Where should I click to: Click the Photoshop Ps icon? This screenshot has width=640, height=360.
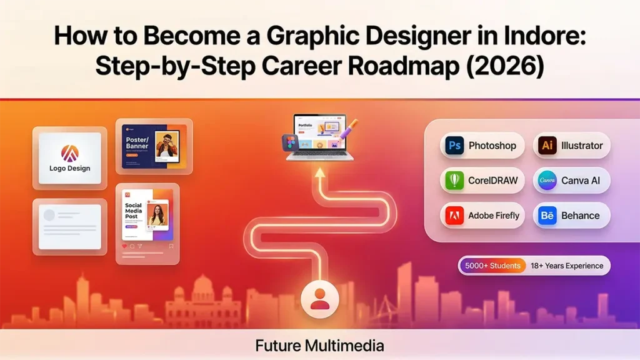click(454, 146)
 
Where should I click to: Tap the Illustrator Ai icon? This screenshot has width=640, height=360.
click(547, 146)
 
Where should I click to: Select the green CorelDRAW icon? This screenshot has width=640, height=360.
click(454, 181)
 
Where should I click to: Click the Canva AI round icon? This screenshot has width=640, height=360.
click(547, 181)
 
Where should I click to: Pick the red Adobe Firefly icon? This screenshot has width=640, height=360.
click(454, 216)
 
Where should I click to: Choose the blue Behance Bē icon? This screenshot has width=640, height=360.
click(547, 216)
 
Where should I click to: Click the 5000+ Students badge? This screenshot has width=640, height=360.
click(492, 266)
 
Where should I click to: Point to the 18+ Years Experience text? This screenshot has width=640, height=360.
click(567, 266)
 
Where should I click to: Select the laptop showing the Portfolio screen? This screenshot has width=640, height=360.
click(319, 136)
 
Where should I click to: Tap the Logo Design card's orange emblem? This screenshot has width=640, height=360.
click(69, 152)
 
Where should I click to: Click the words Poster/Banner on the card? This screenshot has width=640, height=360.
click(137, 142)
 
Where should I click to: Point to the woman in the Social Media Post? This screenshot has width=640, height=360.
click(157, 214)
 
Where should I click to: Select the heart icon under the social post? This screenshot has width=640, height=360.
click(124, 246)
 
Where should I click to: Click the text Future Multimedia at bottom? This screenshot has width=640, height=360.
click(319, 345)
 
